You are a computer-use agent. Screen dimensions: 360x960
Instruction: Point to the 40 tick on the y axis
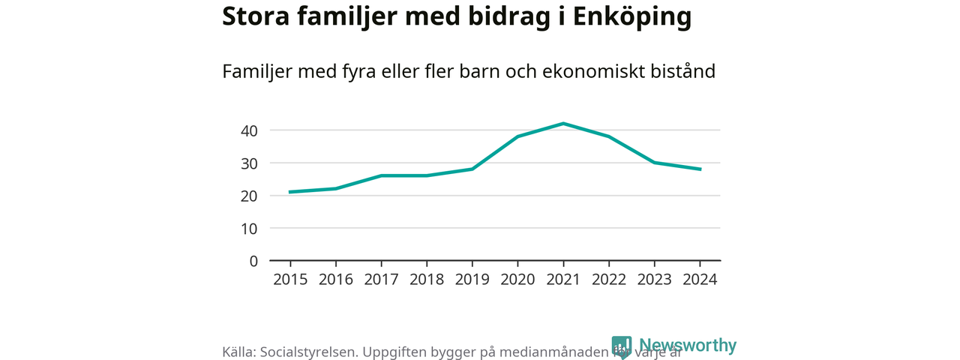[249, 130]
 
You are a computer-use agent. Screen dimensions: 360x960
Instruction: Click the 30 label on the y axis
[249, 163]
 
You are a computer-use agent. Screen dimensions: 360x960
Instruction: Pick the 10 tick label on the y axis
[249, 228]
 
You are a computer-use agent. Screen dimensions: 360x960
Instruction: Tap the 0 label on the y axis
[253, 261]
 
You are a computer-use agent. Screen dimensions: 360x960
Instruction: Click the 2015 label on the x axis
[290, 279]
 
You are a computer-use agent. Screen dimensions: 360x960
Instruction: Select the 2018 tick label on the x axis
[427, 279]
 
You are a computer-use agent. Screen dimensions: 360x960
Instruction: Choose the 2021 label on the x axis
[563, 279]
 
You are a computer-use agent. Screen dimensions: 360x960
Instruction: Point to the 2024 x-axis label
[700, 279]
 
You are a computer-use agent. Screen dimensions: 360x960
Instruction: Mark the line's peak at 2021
[563, 124]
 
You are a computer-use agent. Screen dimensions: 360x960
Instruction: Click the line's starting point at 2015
[290, 192]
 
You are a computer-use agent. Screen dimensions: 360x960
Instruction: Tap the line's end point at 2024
[700, 169]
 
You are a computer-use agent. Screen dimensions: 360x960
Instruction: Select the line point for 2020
[517, 136]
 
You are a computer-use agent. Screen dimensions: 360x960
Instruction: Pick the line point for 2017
[381, 175]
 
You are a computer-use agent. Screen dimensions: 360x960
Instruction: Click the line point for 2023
[654, 163]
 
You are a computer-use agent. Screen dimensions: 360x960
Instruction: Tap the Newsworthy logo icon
[622, 346]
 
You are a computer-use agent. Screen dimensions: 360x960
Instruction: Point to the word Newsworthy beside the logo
[687, 345]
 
